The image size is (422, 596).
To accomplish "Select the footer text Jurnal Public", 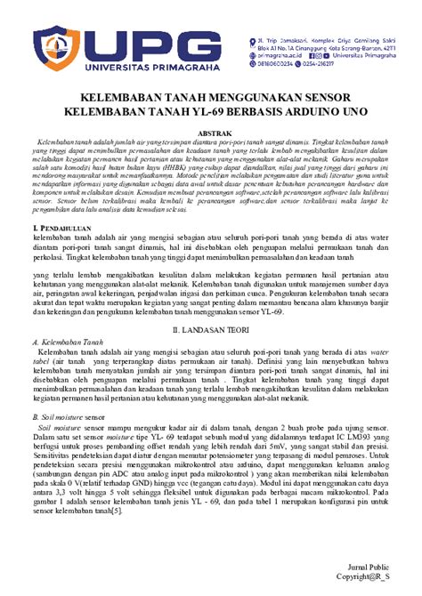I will coord(368,567).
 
